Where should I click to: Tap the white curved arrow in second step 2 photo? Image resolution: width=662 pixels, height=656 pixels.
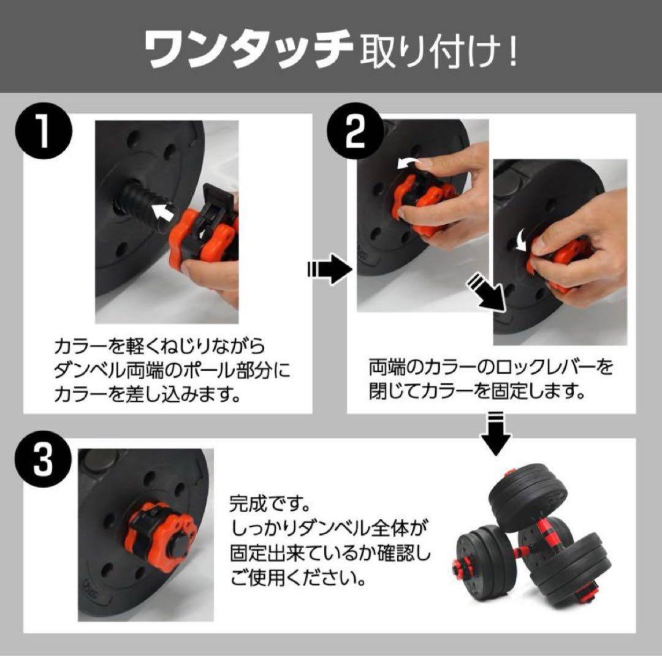pos(520,238)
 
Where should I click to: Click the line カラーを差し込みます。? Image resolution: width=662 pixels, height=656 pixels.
pos(146,393)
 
